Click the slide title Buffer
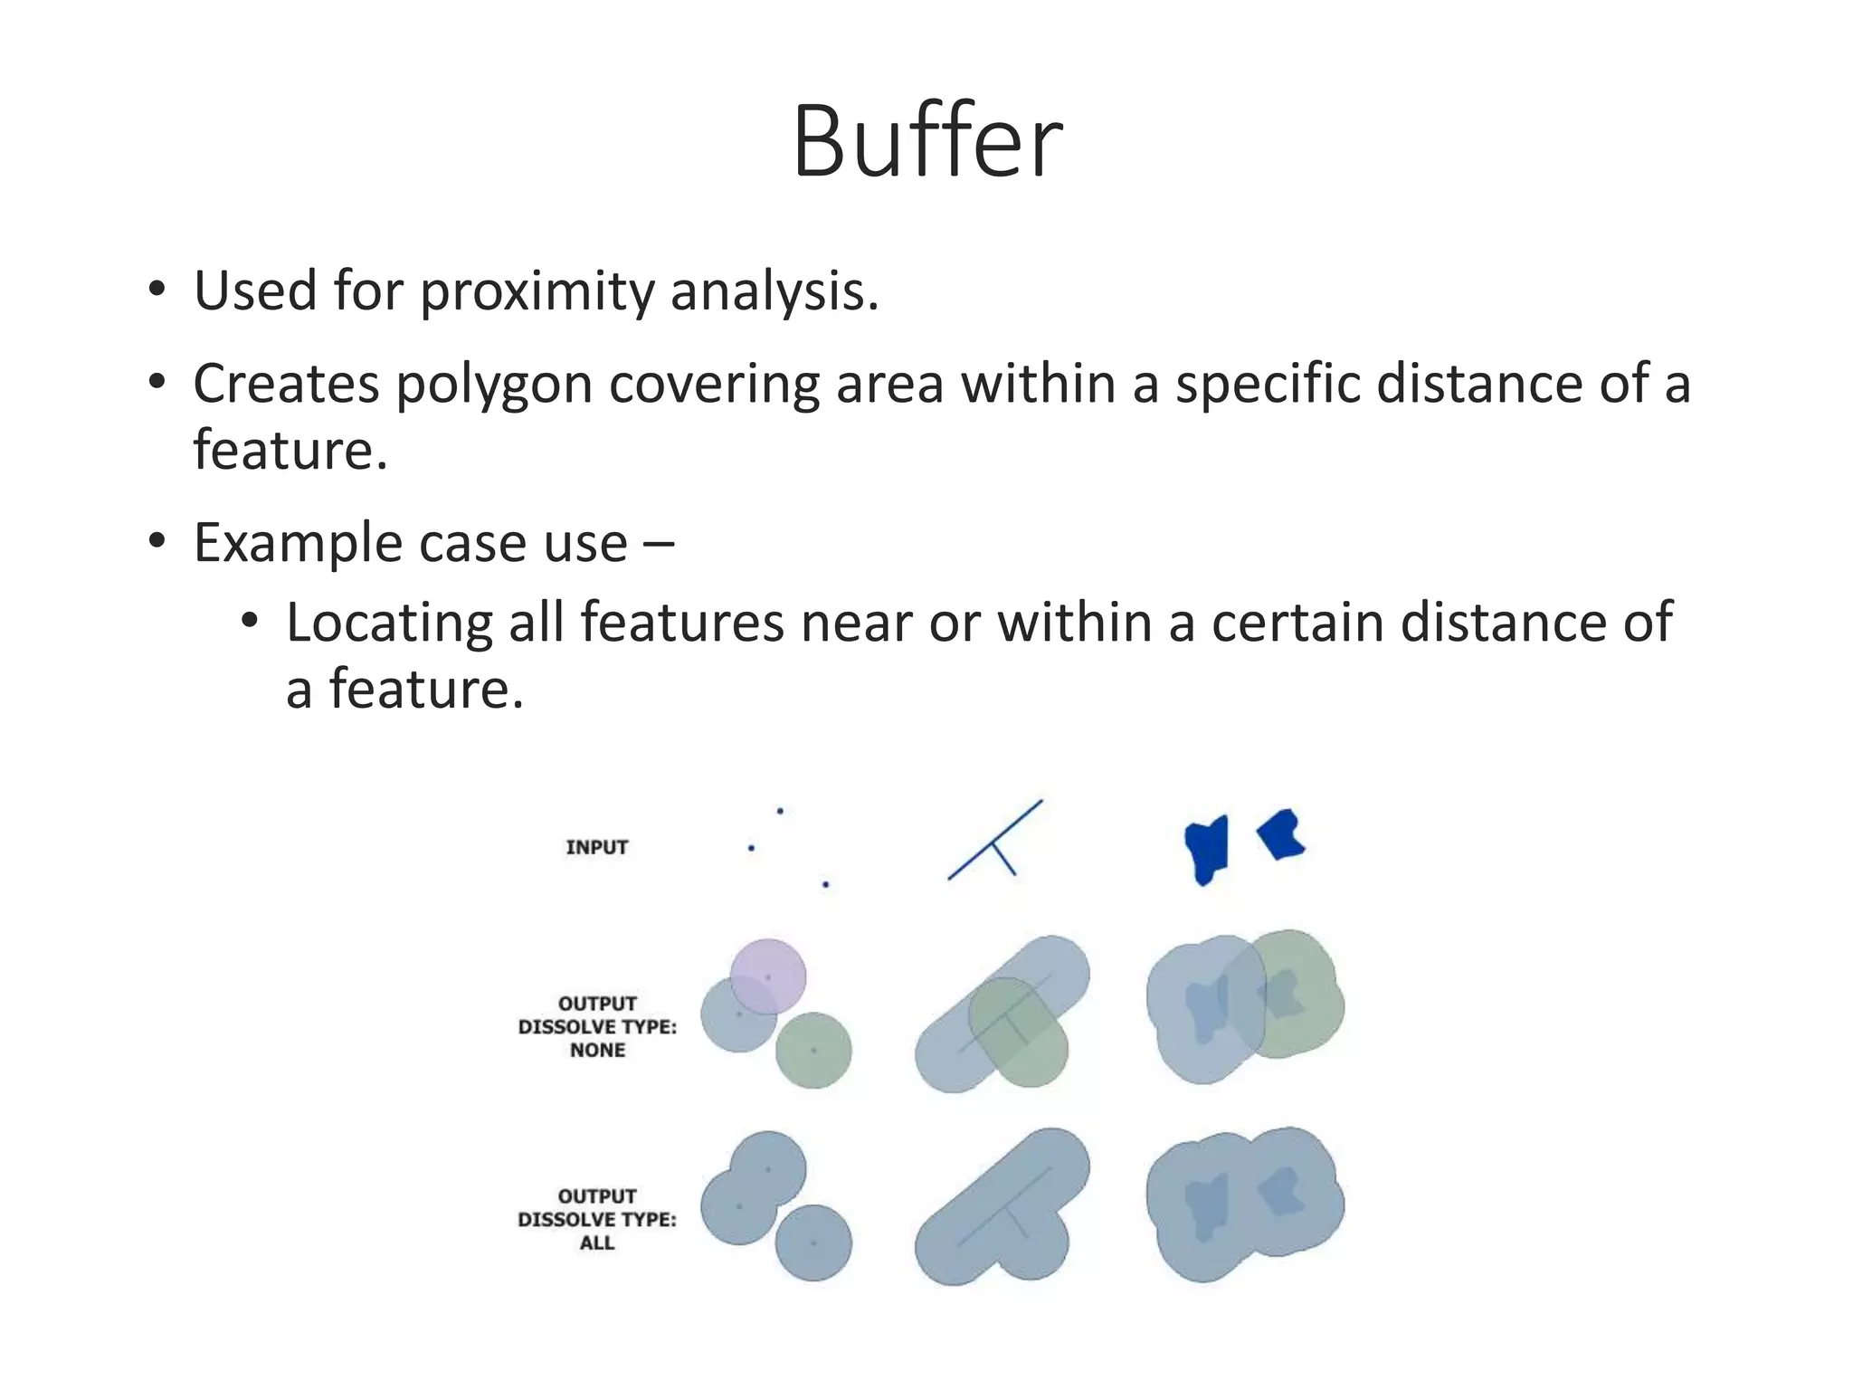tap(926, 142)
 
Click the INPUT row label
tap(597, 847)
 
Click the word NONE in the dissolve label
tap(597, 1051)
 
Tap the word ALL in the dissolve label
tap(597, 1243)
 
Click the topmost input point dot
tap(780, 811)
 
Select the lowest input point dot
tap(825, 884)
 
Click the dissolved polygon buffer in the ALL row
tap(1244, 1204)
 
